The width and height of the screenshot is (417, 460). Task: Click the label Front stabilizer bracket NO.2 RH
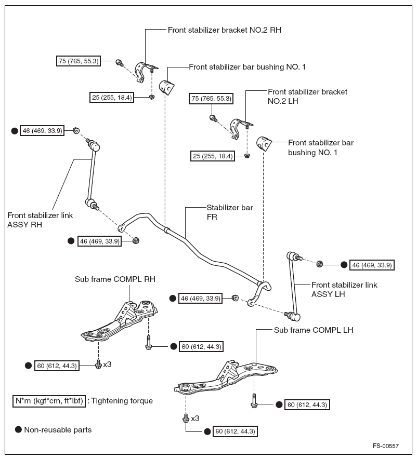224,30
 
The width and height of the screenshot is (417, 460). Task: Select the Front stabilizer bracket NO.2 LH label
307,97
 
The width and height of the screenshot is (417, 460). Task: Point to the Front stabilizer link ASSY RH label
40,220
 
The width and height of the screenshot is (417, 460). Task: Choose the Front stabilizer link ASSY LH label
344,290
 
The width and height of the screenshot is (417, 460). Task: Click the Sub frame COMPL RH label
115,279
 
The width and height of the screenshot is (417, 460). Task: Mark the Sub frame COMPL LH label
314,330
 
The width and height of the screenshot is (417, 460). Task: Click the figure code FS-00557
385,446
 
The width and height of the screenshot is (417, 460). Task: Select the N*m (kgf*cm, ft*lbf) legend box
49,401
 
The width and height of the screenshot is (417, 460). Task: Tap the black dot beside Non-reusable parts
18,430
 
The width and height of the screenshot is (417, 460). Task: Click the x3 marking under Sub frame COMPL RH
107,364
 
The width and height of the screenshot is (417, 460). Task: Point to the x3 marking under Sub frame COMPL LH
195,418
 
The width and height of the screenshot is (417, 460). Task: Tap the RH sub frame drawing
121,321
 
